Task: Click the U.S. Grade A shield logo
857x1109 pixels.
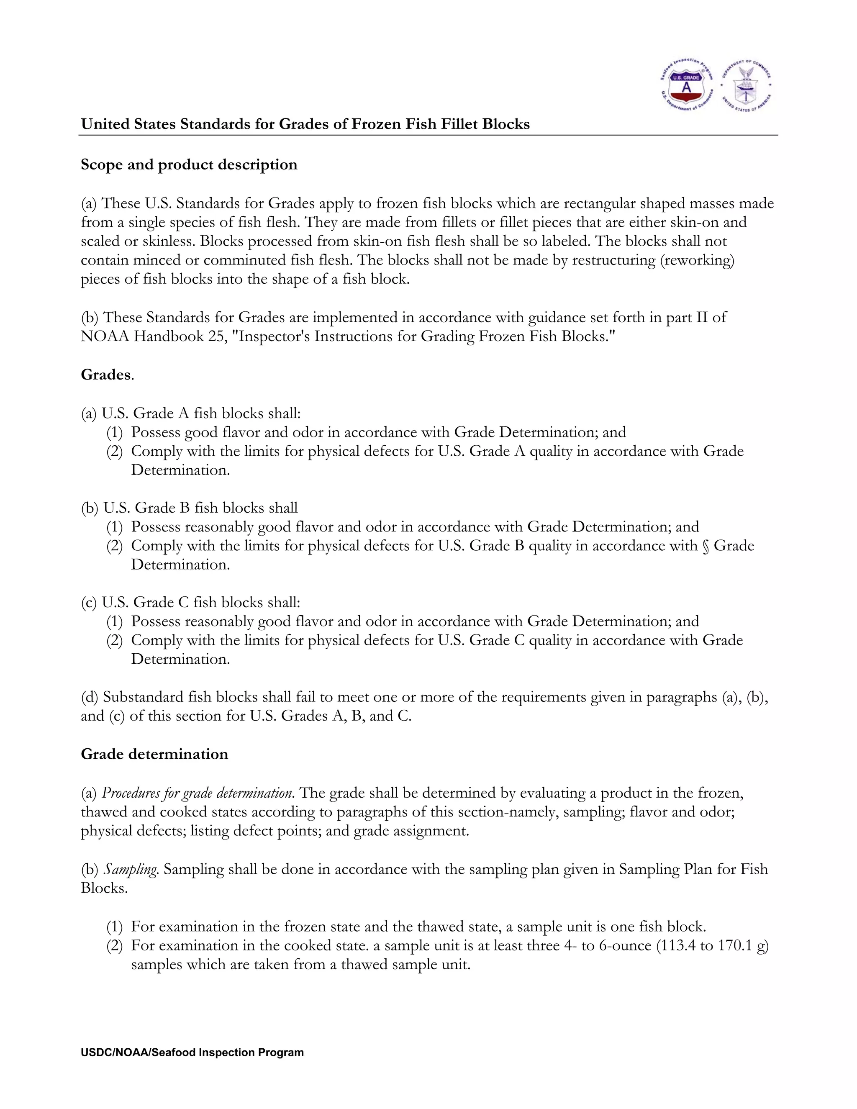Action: pyautogui.click(x=686, y=85)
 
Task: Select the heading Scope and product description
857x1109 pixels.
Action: pyautogui.click(x=189, y=164)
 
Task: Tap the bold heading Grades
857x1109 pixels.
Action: pyautogui.click(x=106, y=375)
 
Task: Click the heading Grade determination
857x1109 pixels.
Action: pyautogui.click(x=154, y=754)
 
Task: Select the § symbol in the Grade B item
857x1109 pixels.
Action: pyautogui.click(x=705, y=546)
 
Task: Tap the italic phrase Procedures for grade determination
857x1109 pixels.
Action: pyautogui.click(x=198, y=793)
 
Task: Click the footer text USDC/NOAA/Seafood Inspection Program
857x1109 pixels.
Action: pyautogui.click(x=192, y=1053)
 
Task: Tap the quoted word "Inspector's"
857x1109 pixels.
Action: pyautogui.click(x=274, y=336)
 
